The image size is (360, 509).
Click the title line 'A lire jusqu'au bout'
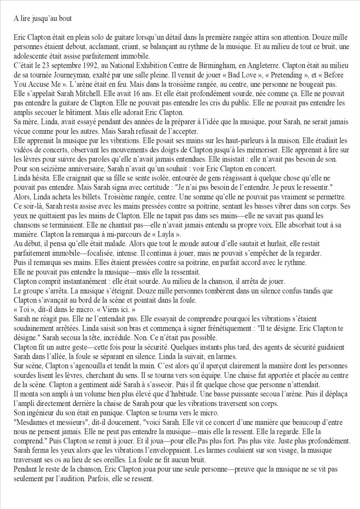(43, 19)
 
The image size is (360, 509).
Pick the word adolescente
(32, 56)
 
